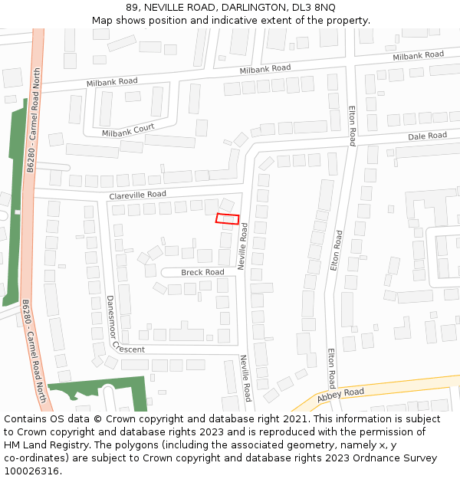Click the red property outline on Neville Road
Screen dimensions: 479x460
point(227,218)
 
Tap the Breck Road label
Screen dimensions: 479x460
point(202,272)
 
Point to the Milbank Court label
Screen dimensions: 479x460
point(128,131)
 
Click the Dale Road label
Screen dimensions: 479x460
point(427,136)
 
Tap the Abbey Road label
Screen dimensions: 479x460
point(340,393)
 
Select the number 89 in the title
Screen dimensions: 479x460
point(132,7)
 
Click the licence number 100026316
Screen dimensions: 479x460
point(31,471)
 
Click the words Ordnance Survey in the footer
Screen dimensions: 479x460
point(395,458)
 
